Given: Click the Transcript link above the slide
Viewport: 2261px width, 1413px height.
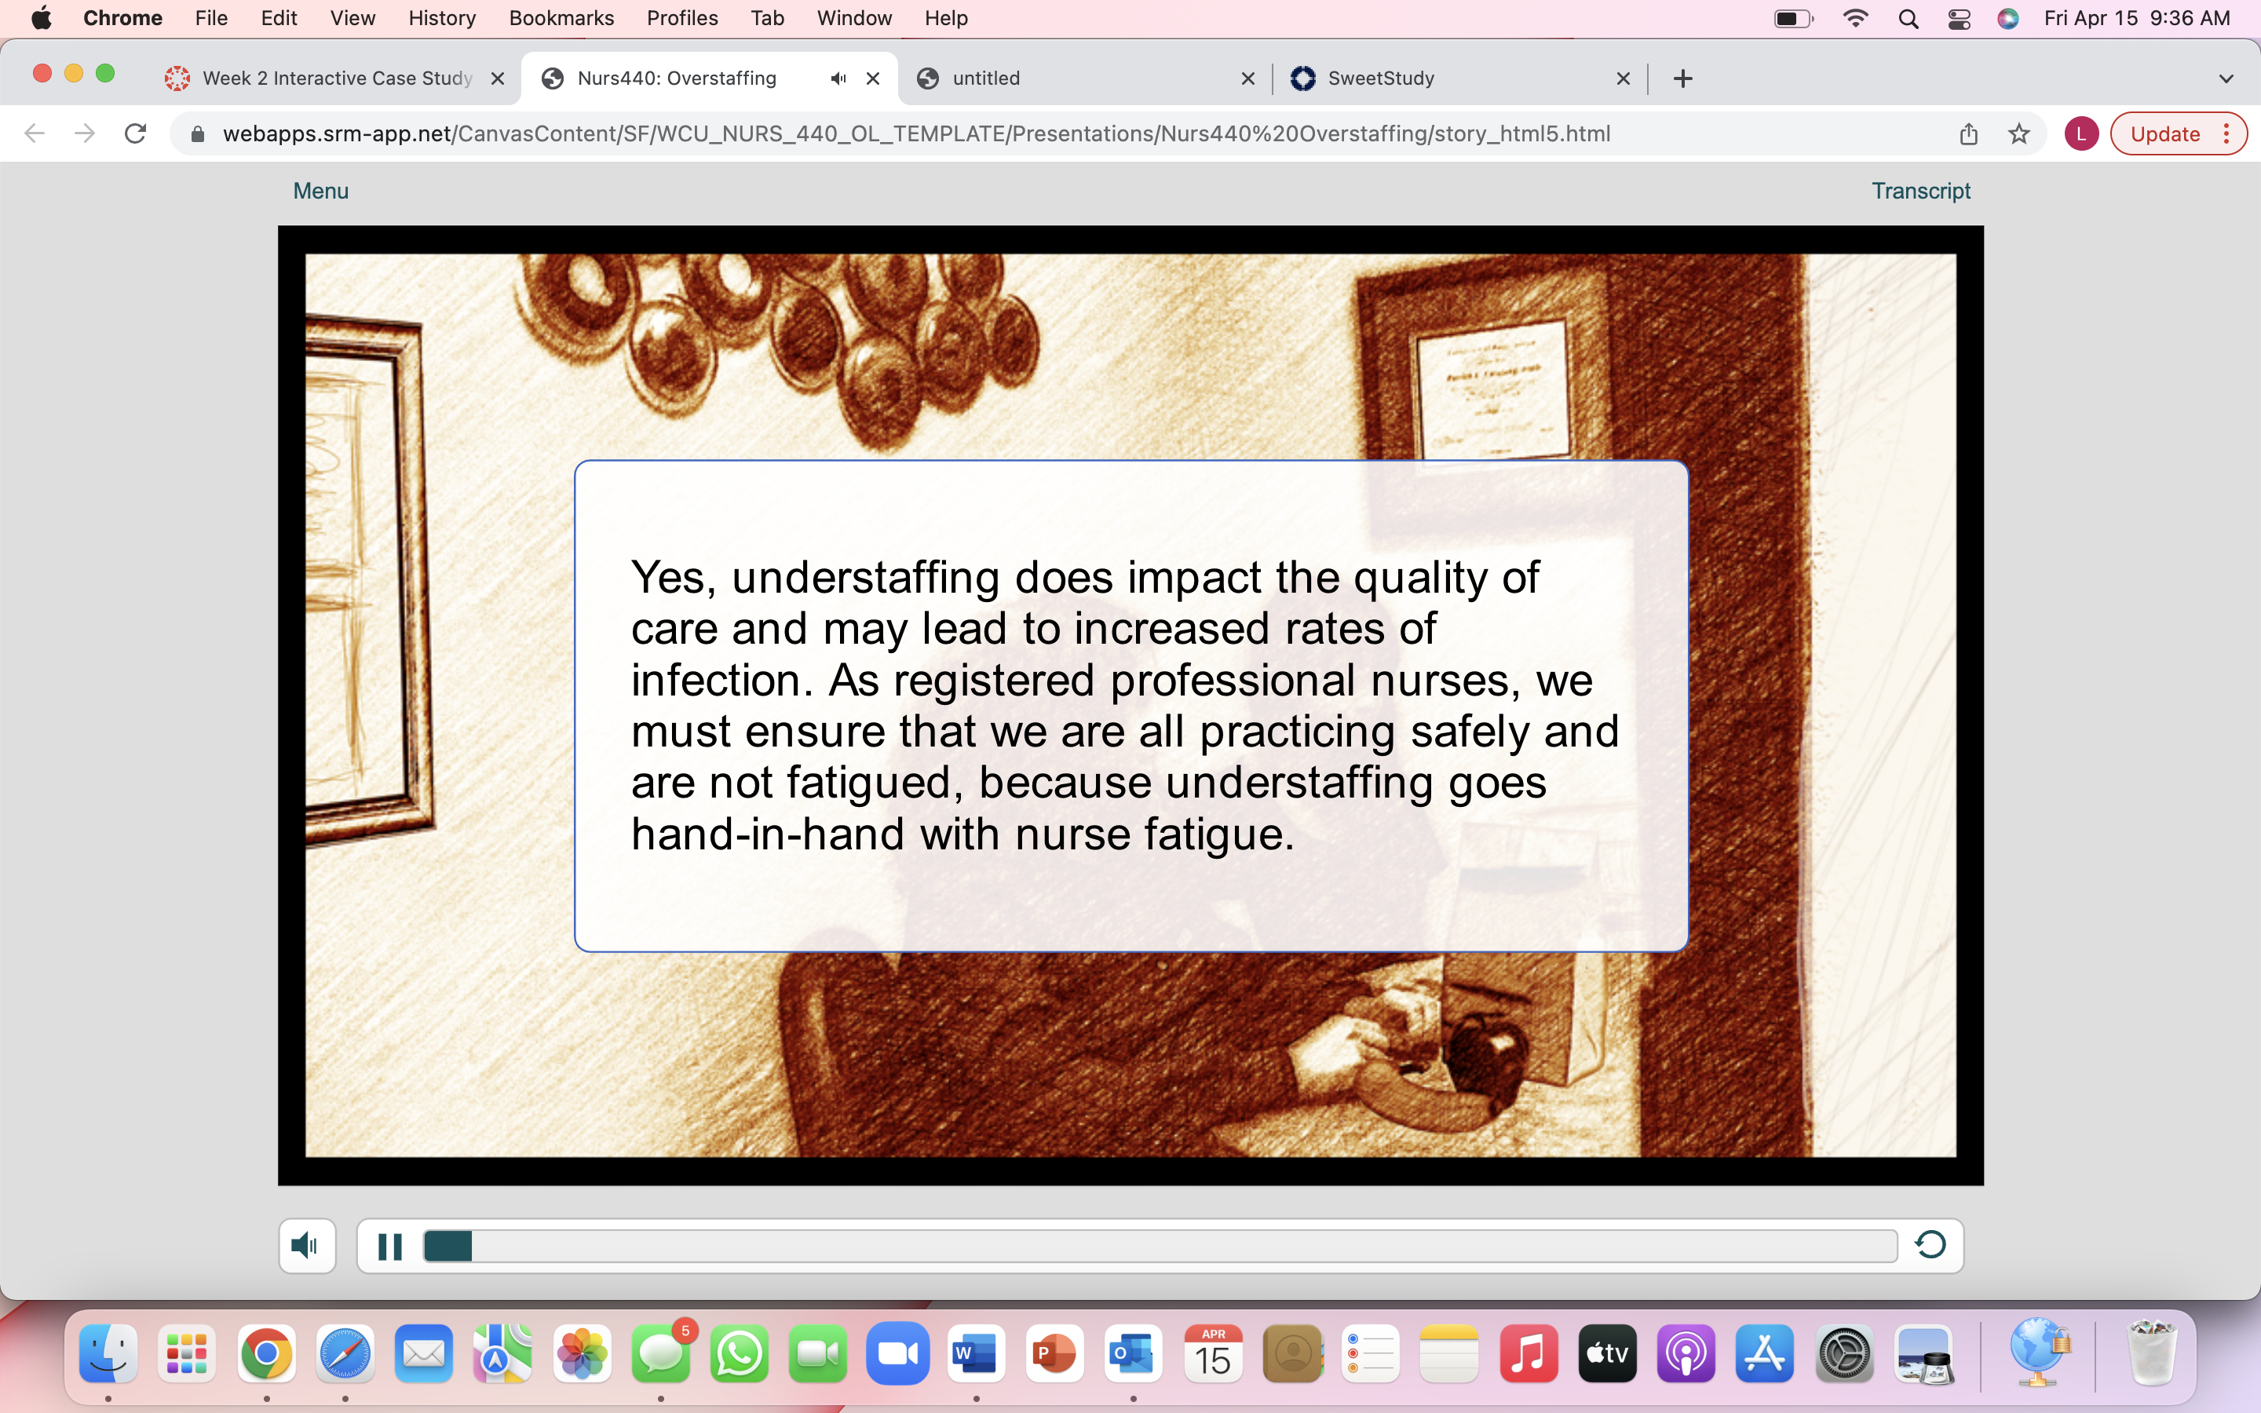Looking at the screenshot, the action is (x=1920, y=191).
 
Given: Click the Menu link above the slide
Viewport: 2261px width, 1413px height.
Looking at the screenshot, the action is (x=320, y=191).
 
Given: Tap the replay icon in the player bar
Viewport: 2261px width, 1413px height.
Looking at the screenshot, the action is (x=1930, y=1245).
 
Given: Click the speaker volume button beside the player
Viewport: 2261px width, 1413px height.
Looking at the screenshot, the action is (x=306, y=1245).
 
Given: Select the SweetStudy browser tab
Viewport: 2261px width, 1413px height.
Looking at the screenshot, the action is (x=1458, y=78).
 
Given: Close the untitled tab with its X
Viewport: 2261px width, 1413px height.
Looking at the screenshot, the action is (x=1247, y=78).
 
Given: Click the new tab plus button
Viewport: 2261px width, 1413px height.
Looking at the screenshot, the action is (x=1682, y=78).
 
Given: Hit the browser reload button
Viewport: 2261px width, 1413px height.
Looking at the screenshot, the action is (x=136, y=133).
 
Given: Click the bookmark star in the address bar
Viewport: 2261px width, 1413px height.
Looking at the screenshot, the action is (x=2019, y=133).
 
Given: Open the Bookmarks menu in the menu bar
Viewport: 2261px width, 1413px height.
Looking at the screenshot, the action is (x=561, y=18).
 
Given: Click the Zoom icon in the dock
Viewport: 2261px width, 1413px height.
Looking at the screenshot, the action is (x=897, y=1353).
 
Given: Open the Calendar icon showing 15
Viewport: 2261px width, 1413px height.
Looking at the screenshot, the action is (x=1213, y=1353).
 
